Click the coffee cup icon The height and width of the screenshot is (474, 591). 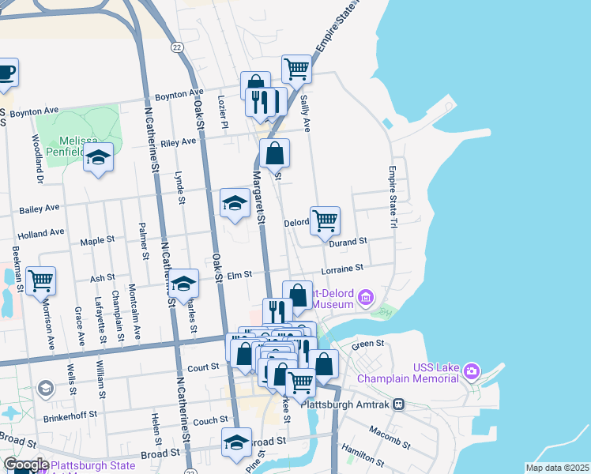pyautogui.click(x=6, y=73)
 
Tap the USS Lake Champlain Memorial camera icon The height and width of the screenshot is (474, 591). pyautogui.click(x=472, y=371)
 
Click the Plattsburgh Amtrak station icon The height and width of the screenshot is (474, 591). pyautogui.click(x=399, y=404)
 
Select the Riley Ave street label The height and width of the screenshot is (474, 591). pyautogui.click(x=178, y=141)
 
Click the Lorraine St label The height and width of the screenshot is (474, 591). pyautogui.click(x=341, y=270)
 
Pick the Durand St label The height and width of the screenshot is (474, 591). pyautogui.click(x=348, y=240)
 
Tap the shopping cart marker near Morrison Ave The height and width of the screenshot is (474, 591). pyautogui.click(x=40, y=280)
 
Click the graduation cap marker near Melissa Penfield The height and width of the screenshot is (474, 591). pyautogui.click(x=98, y=157)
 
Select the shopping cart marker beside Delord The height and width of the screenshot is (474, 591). pyautogui.click(x=325, y=220)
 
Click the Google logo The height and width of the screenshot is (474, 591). pyautogui.click(x=26, y=465)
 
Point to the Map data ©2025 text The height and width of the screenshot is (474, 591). pyautogui.click(x=556, y=468)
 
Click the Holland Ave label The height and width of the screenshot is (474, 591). pyautogui.click(x=40, y=233)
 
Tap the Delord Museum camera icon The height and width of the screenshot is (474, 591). pyautogui.click(x=365, y=298)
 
